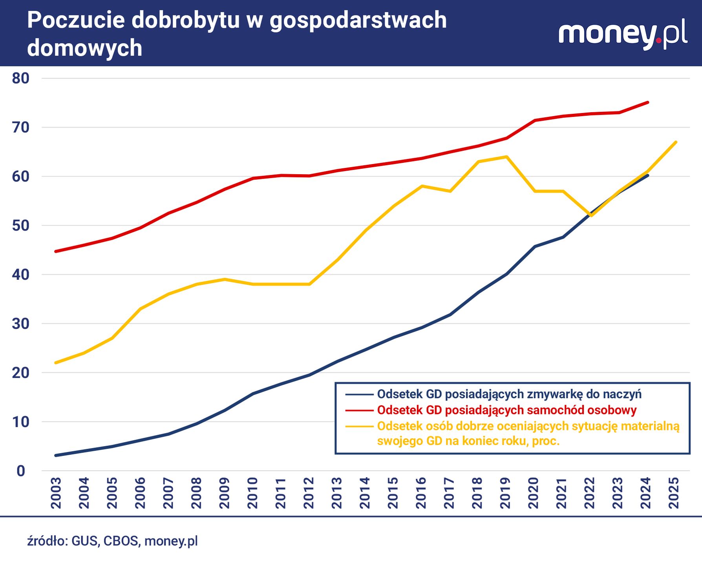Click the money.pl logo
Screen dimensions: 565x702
(x=622, y=35)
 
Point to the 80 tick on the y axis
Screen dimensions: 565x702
(x=21, y=78)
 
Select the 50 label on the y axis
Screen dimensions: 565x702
(x=21, y=226)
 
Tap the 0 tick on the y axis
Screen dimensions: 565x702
(x=21, y=471)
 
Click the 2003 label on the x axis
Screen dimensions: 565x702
(x=56, y=493)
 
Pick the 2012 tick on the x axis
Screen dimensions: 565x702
(x=309, y=493)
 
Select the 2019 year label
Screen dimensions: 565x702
(x=505, y=493)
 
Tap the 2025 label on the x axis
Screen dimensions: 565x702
(x=674, y=493)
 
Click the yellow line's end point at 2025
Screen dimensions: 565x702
(x=676, y=142)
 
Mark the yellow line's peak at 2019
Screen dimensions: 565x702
(x=507, y=157)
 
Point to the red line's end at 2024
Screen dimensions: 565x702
(x=648, y=102)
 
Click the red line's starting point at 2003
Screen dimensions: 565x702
(x=55, y=251)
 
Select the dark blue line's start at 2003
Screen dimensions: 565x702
(x=55, y=456)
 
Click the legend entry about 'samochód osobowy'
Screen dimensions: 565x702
(x=506, y=410)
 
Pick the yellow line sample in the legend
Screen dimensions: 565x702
(x=359, y=426)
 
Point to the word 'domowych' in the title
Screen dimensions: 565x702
(x=84, y=48)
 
